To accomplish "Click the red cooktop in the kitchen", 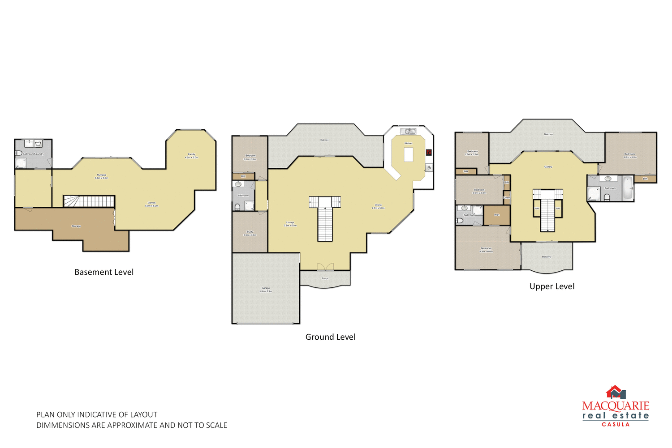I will [428, 152].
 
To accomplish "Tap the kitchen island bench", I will [408, 154].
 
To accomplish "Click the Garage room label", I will [266, 290].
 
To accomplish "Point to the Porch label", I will [325, 278].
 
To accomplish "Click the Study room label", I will [250, 233].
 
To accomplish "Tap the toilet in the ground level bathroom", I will [237, 207].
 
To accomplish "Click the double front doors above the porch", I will [325, 267].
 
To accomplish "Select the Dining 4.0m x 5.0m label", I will [378, 206].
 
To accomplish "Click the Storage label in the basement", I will [76, 226].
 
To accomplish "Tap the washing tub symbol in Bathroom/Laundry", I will [38, 144].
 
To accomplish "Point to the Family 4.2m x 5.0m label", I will [191, 156].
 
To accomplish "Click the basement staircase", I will [89, 201].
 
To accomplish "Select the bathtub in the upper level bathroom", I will [628, 188].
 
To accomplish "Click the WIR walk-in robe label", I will [496, 215].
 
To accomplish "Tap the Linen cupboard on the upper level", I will [507, 197].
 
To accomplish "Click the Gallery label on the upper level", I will [548, 166].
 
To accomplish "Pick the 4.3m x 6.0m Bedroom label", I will [486, 250].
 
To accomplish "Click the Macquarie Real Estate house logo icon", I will [616, 393].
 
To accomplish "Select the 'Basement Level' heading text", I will [104, 272].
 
